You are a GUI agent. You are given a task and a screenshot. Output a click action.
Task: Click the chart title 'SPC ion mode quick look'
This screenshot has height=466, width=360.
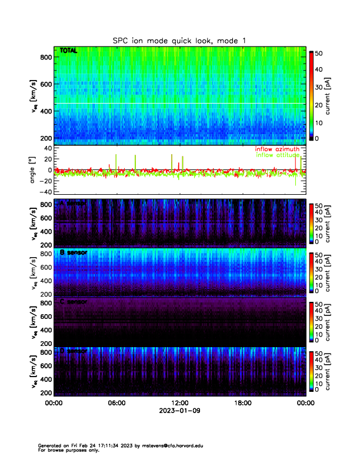tap(180, 40)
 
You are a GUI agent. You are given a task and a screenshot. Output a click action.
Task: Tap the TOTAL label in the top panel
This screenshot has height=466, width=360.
tap(69, 51)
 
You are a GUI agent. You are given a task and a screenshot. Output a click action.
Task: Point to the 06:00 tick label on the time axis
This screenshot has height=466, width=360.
tap(116, 404)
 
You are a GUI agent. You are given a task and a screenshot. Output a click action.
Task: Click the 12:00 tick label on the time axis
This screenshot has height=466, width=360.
tap(180, 404)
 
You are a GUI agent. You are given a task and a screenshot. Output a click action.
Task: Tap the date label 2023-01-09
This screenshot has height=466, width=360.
tap(180, 411)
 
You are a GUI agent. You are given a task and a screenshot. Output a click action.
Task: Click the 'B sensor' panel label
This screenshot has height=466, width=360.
tap(74, 252)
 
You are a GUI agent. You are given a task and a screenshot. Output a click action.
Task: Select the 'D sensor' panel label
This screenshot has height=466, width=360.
tap(74, 351)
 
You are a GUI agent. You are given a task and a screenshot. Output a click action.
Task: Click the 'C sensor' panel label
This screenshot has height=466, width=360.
tap(74, 302)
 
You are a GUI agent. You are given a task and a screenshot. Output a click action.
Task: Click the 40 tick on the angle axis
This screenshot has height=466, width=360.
tap(48, 148)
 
